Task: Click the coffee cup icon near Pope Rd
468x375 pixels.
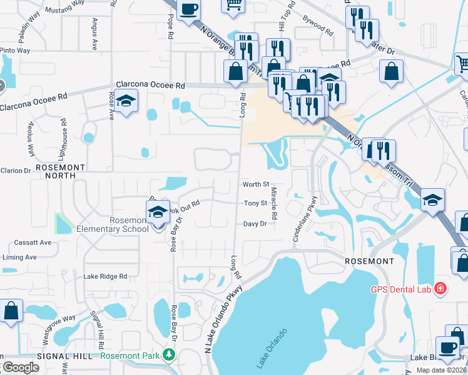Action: point(188,9)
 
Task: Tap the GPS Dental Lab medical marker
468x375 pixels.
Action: point(440,289)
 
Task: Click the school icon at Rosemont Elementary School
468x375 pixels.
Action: point(158,212)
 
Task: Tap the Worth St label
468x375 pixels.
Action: point(256,184)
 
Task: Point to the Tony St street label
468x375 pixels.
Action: point(255,203)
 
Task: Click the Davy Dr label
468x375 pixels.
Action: point(255,223)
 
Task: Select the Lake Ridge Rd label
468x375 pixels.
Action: point(105,276)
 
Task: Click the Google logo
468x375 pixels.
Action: point(20,367)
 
